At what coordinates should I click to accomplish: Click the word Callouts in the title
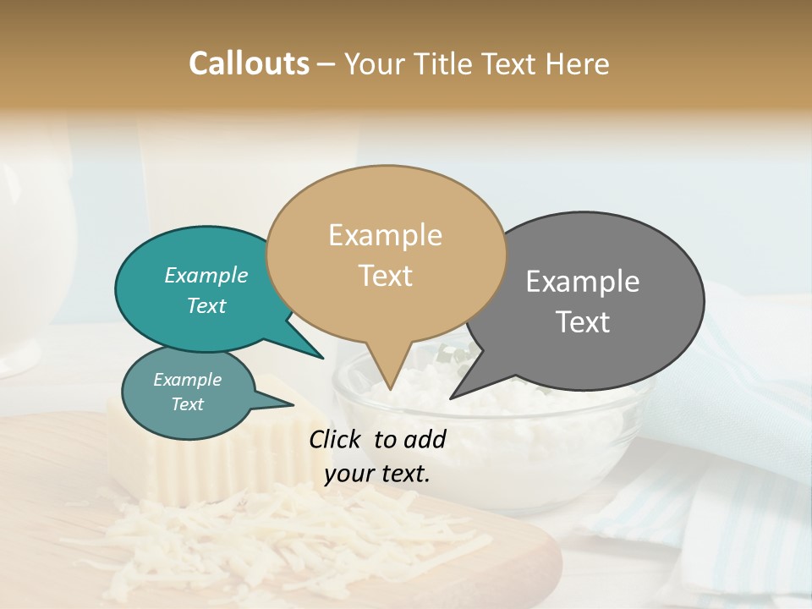pyautogui.click(x=249, y=63)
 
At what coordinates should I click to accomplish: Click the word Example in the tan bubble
pyautogui.click(x=385, y=235)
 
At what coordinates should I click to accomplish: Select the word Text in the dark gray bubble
pyautogui.click(x=583, y=322)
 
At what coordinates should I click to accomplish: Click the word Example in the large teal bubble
pyautogui.click(x=206, y=275)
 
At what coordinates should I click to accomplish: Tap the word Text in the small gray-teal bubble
pyautogui.click(x=187, y=404)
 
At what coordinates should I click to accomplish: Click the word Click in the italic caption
pyautogui.click(x=337, y=439)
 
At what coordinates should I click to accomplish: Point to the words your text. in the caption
pyautogui.click(x=377, y=474)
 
